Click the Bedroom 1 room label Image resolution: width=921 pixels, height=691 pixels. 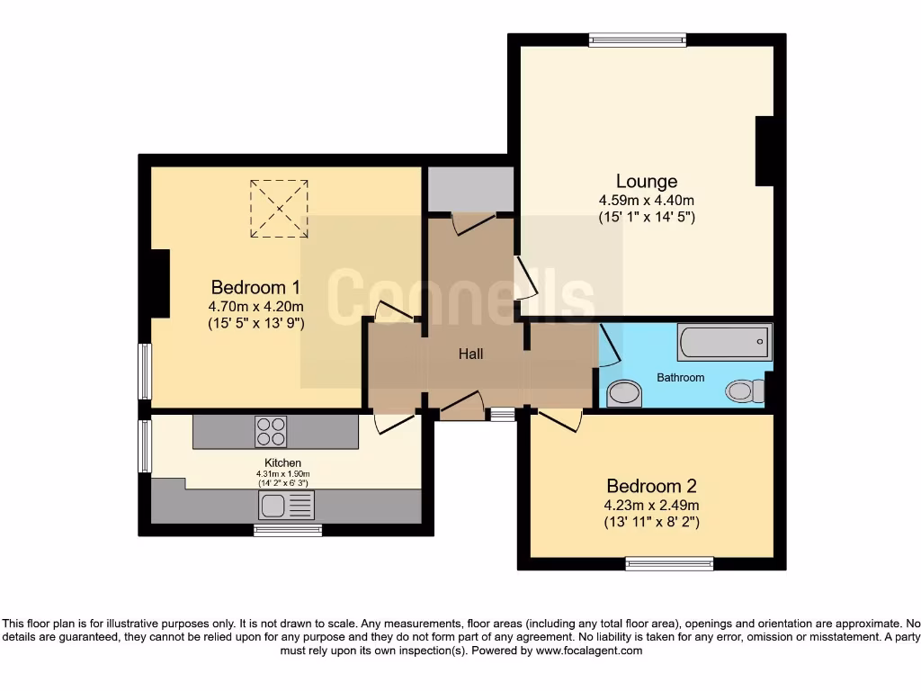pos(255,287)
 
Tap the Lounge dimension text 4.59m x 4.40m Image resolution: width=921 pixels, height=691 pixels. pos(646,200)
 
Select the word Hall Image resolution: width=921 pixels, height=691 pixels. pos(470,354)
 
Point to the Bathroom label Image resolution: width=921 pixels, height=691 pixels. pos(680,377)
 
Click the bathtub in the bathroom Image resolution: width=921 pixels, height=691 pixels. pos(724,342)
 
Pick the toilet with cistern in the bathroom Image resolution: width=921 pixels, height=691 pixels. pos(745,390)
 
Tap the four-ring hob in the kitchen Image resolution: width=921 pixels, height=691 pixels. pos(271,432)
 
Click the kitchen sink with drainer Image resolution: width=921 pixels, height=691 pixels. pos(286,507)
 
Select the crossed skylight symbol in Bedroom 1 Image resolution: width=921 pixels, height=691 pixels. pos(279,209)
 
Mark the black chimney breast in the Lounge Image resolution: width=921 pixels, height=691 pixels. pos(765,151)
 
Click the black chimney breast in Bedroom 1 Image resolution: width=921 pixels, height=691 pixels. pos(160,283)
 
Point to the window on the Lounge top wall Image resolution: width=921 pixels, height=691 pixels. pos(638,40)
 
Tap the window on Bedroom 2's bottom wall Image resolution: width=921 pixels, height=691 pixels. pos(669,564)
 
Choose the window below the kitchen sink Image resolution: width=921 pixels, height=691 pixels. pos(288,531)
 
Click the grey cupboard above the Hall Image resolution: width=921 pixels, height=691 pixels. pos(469,189)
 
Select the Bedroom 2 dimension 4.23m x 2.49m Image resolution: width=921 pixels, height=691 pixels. pos(651,505)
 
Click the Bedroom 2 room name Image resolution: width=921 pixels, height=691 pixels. pos(651,486)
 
